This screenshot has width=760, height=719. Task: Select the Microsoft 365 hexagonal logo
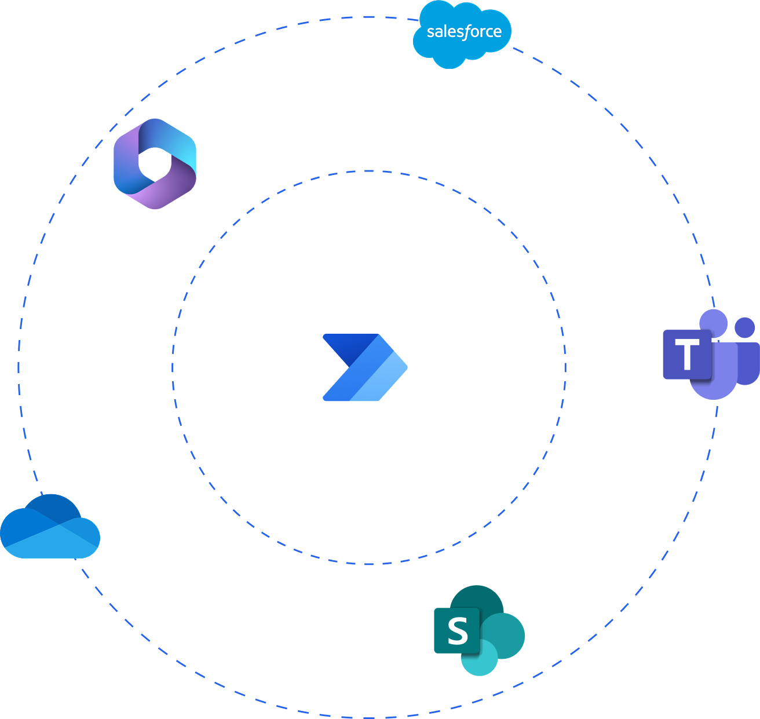pos(155,163)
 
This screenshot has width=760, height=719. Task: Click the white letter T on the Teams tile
pos(687,355)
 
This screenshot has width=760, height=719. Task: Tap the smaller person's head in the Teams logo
pos(745,327)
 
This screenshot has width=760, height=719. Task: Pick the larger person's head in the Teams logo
pos(714,322)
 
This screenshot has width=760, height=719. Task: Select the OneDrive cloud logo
pos(50,527)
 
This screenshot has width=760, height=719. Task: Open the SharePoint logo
pos(479,630)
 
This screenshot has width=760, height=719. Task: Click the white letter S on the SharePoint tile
pos(458,631)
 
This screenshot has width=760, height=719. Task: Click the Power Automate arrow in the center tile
pos(365,367)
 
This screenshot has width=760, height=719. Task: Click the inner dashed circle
pos(368,171)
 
